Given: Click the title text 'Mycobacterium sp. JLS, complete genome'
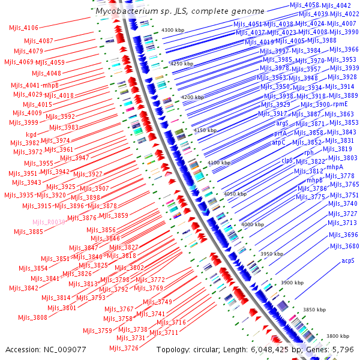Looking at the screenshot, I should click(x=180, y=11).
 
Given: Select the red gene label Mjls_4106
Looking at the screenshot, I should click(x=24, y=28).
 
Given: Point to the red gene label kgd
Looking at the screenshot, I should click(x=31, y=134).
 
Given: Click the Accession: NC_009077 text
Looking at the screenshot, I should click(x=46, y=349).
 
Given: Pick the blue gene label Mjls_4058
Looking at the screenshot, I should click(x=304, y=5).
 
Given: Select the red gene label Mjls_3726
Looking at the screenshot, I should click(x=124, y=348).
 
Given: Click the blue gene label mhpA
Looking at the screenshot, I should click(x=334, y=167).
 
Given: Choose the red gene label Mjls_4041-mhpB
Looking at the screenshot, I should click(x=34, y=86).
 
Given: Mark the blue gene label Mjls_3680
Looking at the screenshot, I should click(x=344, y=246).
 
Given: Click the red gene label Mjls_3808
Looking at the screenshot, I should click(x=32, y=317).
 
